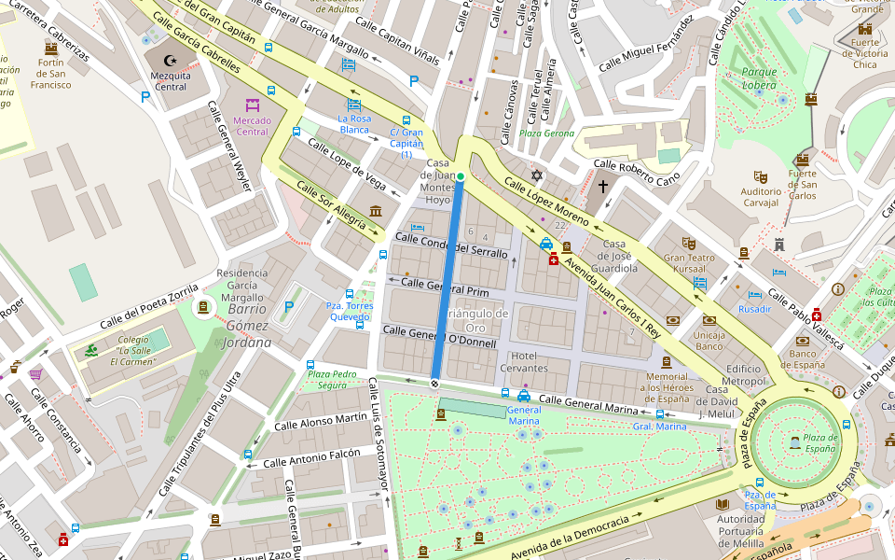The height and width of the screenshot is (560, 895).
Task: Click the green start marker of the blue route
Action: [x=460, y=175]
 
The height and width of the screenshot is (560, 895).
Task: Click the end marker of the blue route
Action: [x=434, y=383]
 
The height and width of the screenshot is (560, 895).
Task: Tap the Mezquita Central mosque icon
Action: [x=170, y=60]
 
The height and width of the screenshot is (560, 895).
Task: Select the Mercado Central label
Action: [x=252, y=126]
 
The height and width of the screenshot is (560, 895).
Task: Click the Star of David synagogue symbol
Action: [x=536, y=175]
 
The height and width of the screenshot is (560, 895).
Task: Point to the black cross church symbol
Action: [x=603, y=187]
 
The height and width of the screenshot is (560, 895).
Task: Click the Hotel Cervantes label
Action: [x=523, y=361]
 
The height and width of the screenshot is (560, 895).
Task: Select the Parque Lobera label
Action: [x=759, y=77]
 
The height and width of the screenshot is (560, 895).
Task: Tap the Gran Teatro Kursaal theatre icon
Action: [x=688, y=243]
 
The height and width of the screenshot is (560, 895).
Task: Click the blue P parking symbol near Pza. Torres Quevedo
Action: [x=289, y=306]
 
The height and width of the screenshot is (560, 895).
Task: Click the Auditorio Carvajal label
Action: [x=760, y=197]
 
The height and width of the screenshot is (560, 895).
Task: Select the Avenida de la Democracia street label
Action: [x=578, y=535]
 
